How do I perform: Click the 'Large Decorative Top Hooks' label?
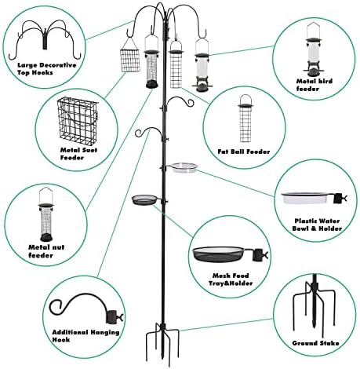tap(47, 69)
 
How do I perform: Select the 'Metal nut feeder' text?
tap(46, 251)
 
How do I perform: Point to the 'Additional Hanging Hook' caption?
tap(85, 336)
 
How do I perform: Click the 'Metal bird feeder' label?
tap(315, 85)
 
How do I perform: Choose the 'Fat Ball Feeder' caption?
tap(244, 152)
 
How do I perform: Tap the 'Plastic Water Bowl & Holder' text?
tap(317, 225)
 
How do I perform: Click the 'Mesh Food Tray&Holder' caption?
tap(231, 279)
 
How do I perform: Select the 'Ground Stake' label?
tap(315, 343)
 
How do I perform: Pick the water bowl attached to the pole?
tap(184, 168)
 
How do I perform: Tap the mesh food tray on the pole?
tap(144, 200)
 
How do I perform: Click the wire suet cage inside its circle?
tap(78, 119)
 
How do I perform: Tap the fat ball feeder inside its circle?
tap(245, 119)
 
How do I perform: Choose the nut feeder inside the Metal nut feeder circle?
tap(46, 214)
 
